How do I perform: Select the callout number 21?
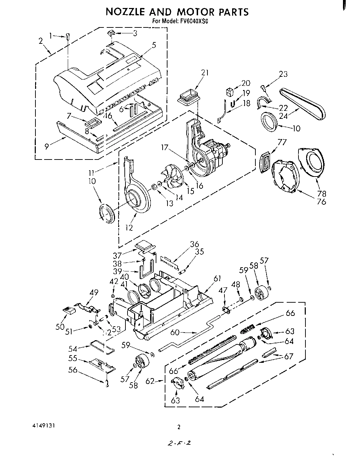(x=205, y=73)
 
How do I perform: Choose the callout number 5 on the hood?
(x=154, y=45)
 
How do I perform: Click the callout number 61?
(x=218, y=278)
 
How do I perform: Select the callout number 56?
(x=73, y=370)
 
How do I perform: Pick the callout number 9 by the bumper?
(x=47, y=146)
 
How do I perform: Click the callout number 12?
(x=129, y=228)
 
